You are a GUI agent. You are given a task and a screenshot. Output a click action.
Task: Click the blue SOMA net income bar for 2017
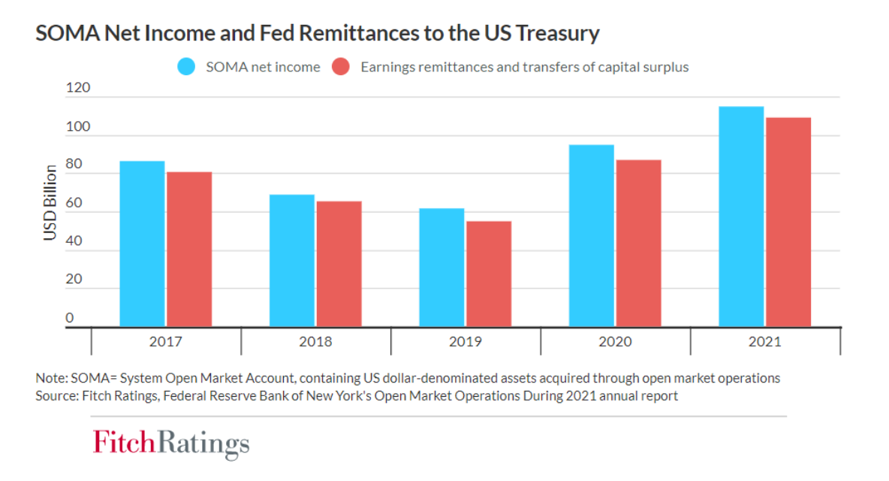pyautogui.click(x=142, y=244)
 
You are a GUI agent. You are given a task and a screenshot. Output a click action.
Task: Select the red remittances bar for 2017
pyautogui.click(x=189, y=250)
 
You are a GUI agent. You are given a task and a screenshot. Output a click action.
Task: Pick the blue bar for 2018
pyautogui.click(x=292, y=261)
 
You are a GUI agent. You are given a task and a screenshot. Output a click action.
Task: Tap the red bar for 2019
pyautogui.click(x=489, y=274)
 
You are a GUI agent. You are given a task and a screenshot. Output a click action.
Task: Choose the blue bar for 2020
pyautogui.click(x=591, y=236)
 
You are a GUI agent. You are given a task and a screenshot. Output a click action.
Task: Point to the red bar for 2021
pyautogui.click(x=788, y=222)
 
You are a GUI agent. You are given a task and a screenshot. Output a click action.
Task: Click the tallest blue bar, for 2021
pyautogui.click(x=741, y=216)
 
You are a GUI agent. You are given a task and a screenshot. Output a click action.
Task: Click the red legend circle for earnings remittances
pyautogui.click(x=342, y=67)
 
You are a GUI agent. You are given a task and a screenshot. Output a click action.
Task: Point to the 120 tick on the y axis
pyautogui.click(x=77, y=88)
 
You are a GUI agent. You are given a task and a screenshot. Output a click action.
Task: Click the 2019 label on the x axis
pyautogui.click(x=466, y=342)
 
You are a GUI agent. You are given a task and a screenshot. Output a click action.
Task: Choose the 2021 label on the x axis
pyautogui.click(x=765, y=342)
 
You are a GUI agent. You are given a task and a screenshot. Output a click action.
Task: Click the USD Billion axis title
pyautogui.click(x=50, y=202)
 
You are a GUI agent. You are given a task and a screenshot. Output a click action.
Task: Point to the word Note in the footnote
pyautogui.click(x=50, y=378)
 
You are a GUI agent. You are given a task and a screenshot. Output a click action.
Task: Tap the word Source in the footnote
pyautogui.click(x=55, y=395)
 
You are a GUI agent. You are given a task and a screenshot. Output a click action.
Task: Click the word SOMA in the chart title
pyautogui.click(x=64, y=33)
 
